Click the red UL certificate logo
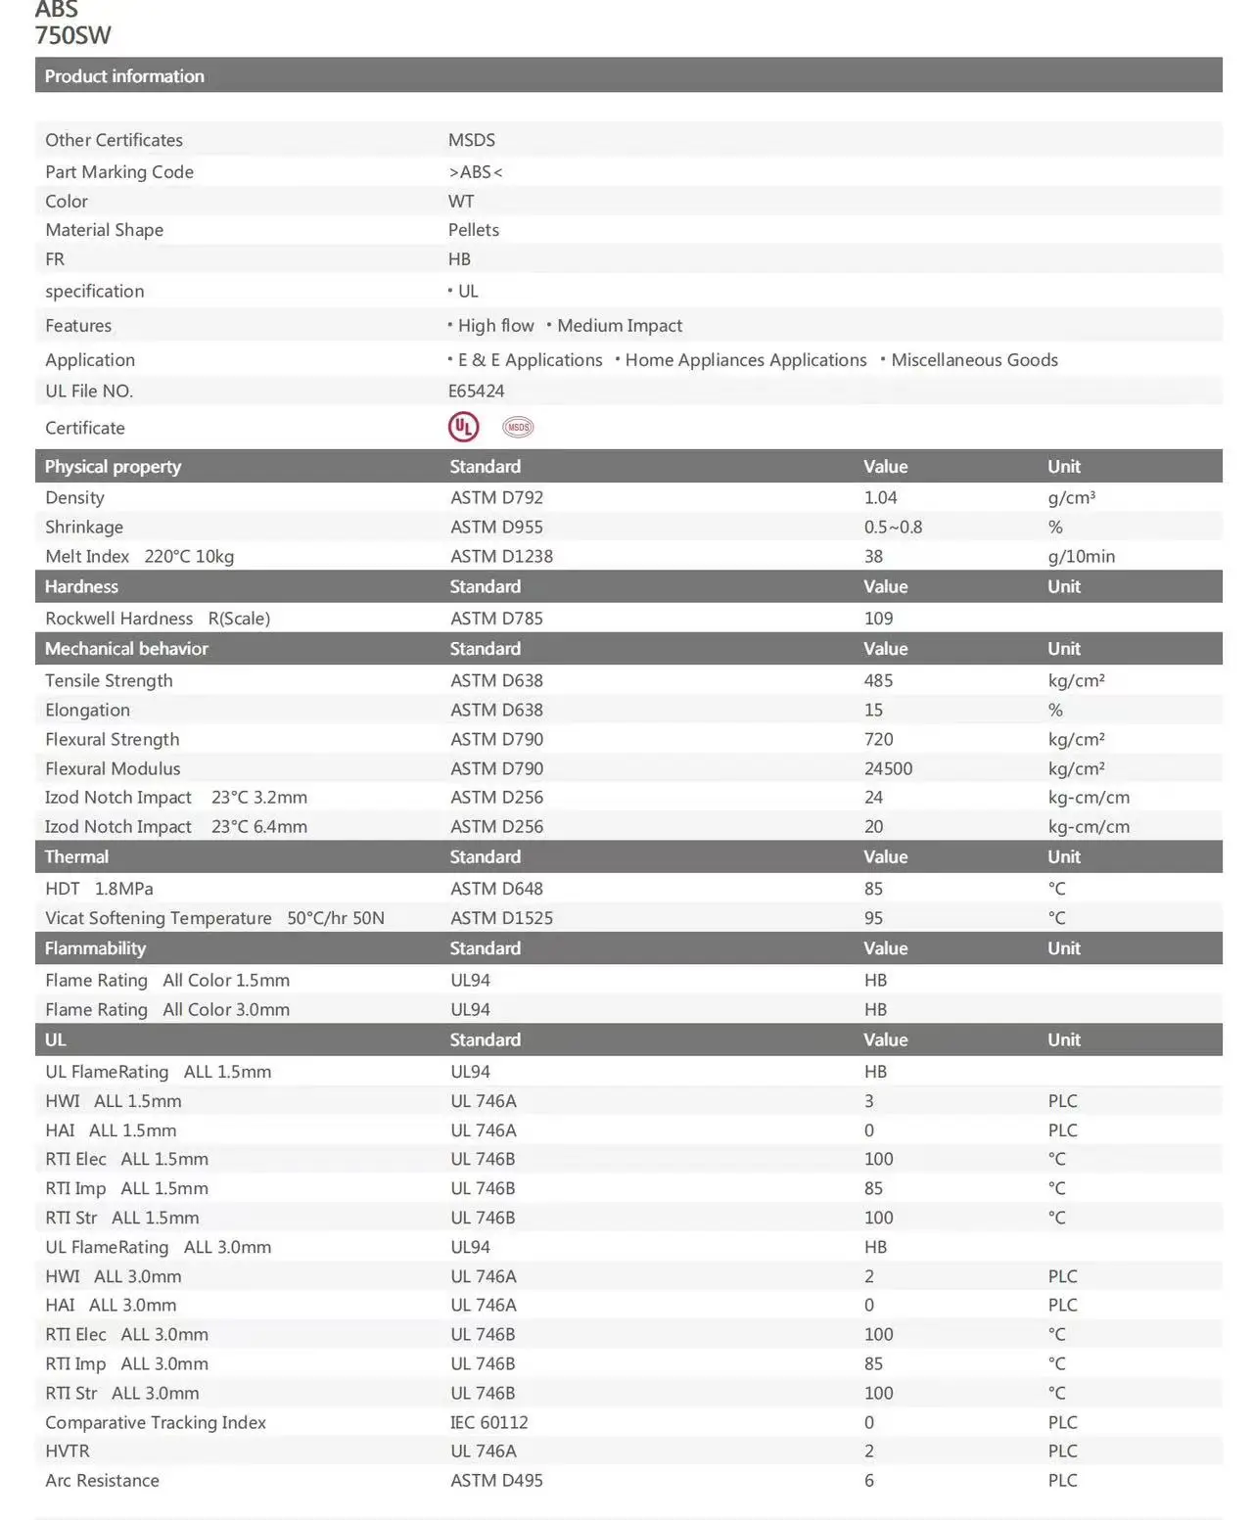pyautogui.click(x=463, y=427)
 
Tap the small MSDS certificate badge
pyautogui.click(x=518, y=427)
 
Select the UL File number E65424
pyautogui.click(x=476, y=391)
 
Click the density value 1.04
pyautogui.click(x=880, y=497)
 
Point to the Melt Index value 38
pyautogui.click(x=873, y=556)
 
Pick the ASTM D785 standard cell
pyautogui.click(x=496, y=619)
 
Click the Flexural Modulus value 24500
pyautogui.click(x=888, y=768)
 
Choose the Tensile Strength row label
pyautogui.click(x=109, y=680)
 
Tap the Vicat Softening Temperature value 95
pyautogui.click(x=873, y=918)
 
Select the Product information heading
pyautogui.click(x=124, y=76)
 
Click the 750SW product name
pyautogui.click(x=73, y=36)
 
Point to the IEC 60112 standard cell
pyautogui.click(x=488, y=1422)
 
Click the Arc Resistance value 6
pyautogui.click(x=869, y=1480)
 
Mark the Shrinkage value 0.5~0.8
pyautogui.click(x=893, y=527)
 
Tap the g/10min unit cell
pyautogui.click(x=1081, y=556)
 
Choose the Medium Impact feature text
pyautogui.click(x=620, y=326)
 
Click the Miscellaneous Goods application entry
pyautogui.click(x=974, y=360)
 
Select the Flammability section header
pyautogui.click(x=95, y=948)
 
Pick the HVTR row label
pyautogui.click(x=67, y=1451)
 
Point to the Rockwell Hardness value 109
pyautogui.click(x=878, y=619)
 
